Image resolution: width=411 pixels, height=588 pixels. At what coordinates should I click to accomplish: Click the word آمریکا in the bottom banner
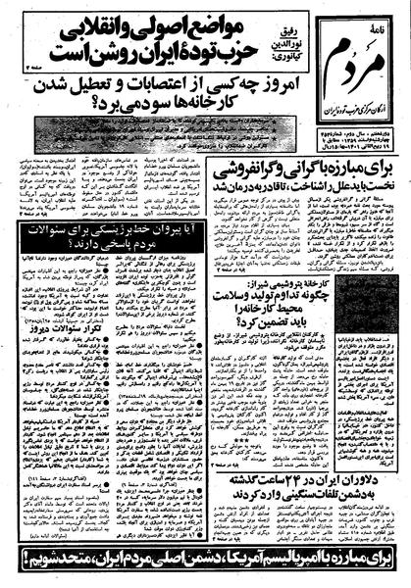(x=254, y=563)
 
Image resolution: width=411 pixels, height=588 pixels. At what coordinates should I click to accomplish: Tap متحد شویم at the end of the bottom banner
(x=40, y=563)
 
